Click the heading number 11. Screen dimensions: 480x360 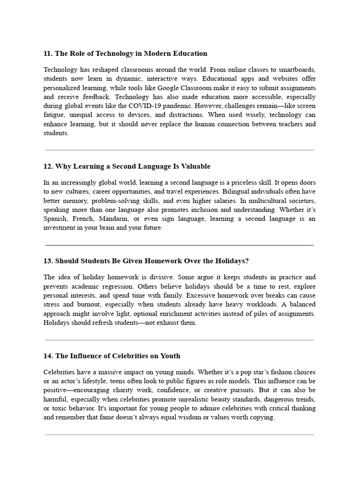(x=48, y=53)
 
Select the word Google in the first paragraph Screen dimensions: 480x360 (x=169, y=88)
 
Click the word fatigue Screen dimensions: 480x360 (x=53, y=115)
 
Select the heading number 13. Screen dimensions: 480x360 (x=48, y=261)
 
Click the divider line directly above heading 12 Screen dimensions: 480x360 (x=179, y=150)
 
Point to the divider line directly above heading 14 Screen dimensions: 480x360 (x=179, y=340)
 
